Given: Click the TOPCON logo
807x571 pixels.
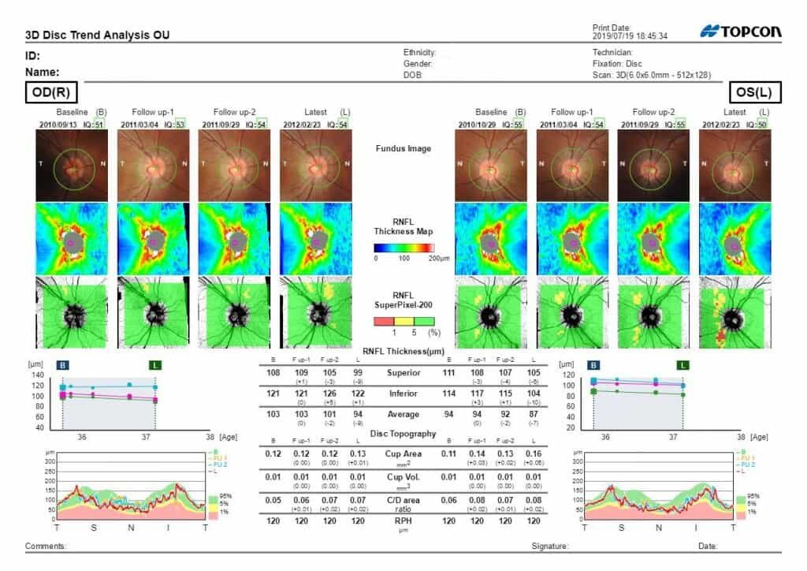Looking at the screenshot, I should [740, 32].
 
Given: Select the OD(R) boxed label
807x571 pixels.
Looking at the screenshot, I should [52, 93].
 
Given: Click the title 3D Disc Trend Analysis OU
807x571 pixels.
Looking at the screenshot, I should [98, 35].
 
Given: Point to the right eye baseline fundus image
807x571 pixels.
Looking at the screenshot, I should [72, 163].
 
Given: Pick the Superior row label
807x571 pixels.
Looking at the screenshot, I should [403, 371].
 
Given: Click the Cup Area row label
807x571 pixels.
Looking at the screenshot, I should [403, 453].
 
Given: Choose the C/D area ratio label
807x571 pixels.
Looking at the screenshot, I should [403, 502].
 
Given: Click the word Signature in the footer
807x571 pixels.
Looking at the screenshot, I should [550, 546].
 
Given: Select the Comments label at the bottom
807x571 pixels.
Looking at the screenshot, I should [46, 546].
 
